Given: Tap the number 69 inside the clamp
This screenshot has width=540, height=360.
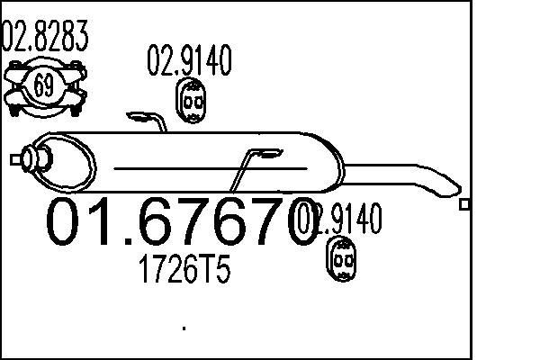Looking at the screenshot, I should coord(41,86).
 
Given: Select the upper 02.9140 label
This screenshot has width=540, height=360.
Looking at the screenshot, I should coord(189,60).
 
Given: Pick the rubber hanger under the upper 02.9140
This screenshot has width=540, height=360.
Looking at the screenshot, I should coord(191,103).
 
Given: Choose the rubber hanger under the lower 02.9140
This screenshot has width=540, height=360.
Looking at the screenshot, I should coord(341,261).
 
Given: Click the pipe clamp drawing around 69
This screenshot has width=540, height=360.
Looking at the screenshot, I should coord(41,87).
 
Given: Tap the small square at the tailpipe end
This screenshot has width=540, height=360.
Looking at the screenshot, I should coord(464,204).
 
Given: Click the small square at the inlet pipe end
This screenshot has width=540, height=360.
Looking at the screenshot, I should coord(14,160).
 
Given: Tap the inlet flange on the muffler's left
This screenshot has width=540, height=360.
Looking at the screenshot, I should coord(37,160).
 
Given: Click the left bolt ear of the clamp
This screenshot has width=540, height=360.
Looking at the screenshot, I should coord(13,87).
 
